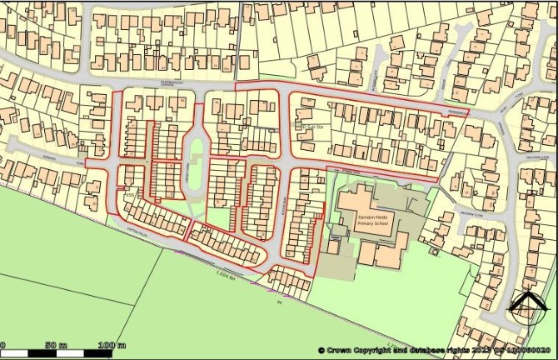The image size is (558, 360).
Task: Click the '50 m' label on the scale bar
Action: tap(56, 345)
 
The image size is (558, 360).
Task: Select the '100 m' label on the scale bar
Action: tap(110, 345)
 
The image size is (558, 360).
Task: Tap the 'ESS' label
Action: tap(129, 196)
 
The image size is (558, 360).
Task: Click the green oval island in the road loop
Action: tap(197, 153)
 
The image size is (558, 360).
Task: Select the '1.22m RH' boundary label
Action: tap(226, 274)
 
